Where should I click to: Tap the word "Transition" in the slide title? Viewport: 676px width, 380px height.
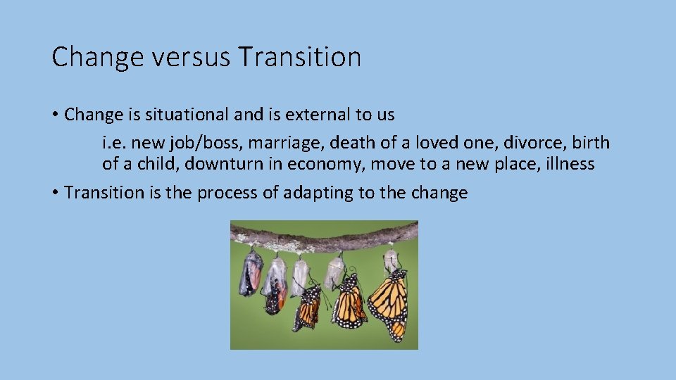point(299,57)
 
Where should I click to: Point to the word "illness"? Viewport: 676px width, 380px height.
point(568,165)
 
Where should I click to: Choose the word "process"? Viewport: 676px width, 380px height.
point(228,194)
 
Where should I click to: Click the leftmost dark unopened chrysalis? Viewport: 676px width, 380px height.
point(250,274)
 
